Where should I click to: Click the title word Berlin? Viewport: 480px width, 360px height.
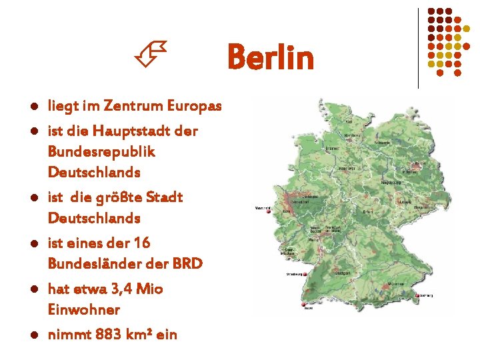point(270,57)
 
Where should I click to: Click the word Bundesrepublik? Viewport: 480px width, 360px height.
point(101,151)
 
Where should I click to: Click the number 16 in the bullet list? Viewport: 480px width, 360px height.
point(142,243)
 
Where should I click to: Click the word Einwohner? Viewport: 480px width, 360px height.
point(84,309)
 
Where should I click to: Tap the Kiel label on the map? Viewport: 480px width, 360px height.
point(349,122)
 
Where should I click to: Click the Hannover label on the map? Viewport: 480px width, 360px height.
point(347,169)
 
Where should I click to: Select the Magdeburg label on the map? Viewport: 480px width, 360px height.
point(391,182)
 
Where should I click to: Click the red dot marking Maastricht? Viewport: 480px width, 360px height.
point(269,213)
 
